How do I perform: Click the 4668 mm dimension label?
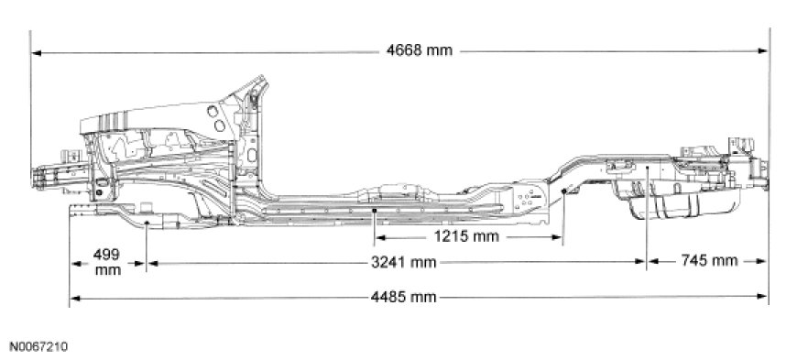click(x=419, y=51)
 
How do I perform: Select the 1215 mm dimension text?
click(x=466, y=236)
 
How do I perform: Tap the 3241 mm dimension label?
click(x=404, y=262)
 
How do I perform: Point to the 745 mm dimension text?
click(x=709, y=261)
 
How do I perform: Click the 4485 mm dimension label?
click(x=404, y=297)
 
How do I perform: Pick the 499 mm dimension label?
click(x=108, y=262)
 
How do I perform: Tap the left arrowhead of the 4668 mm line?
click(x=36, y=52)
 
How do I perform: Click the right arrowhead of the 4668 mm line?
click(x=763, y=51)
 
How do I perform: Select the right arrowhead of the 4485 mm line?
click(x=762, y=296)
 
